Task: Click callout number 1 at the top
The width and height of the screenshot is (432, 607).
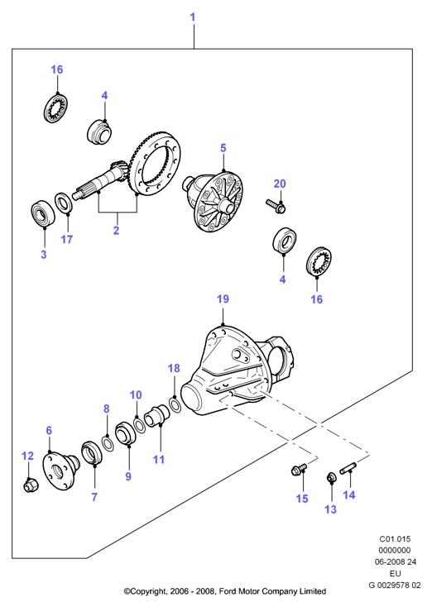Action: [193, 17]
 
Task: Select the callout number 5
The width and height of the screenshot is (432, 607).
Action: [223, 148]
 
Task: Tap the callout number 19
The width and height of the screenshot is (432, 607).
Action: [223, 299]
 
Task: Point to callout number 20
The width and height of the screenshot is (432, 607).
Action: [280, 184]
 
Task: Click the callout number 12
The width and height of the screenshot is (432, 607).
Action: [27, 456]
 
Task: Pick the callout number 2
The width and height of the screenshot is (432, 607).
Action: [116, 231]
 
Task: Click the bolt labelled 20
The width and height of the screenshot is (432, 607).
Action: [276, 205]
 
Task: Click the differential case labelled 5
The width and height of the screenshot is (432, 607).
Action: [214, 202]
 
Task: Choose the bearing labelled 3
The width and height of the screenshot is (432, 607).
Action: [42, 213]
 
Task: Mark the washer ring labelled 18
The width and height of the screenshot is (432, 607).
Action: [175, 405]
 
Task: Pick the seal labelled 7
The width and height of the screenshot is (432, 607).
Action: [91, 452]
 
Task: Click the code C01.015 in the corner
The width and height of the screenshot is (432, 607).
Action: [395, 539]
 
